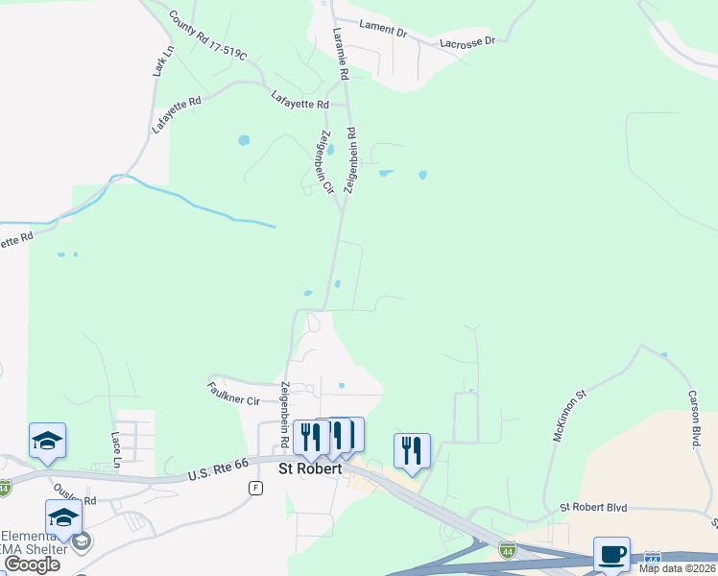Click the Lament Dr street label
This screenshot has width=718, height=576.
(383, 29)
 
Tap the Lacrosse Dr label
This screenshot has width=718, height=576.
(467, 42)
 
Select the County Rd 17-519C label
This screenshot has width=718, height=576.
(207, 36)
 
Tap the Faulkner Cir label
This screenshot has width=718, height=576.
(233, 393)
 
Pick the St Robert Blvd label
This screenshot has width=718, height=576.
(593, 506)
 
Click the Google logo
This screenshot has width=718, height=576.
(32, 564)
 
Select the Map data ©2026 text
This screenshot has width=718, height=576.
(678, 568)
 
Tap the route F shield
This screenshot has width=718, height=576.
(255, 488)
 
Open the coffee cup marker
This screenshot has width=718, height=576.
(611, 554)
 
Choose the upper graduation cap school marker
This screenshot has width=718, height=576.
(47, 440)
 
